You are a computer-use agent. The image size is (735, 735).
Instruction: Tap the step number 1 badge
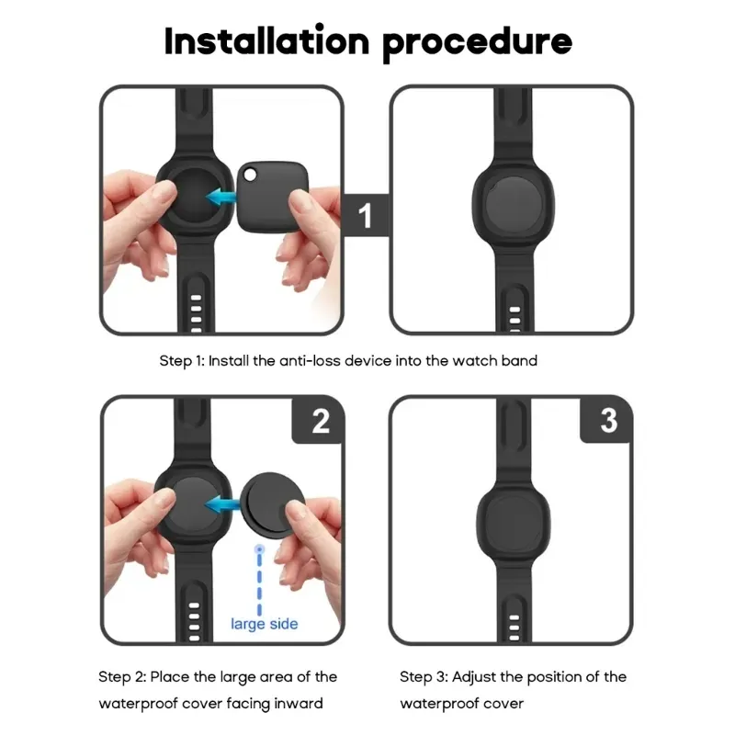[365, 217]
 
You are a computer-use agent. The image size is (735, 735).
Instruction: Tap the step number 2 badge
[320, 421]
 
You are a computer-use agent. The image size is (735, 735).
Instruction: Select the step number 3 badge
[608, 421]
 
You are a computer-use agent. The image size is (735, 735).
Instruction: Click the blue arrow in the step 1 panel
[220, 196]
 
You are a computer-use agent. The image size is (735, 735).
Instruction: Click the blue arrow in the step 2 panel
[220, 503]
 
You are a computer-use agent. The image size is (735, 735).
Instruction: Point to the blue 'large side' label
[264, 624]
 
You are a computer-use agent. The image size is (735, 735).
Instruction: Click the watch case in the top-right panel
[511, 209]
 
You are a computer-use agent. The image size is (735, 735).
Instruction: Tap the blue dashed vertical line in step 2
[261, 579]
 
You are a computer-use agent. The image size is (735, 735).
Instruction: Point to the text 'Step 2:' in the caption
[122, 677]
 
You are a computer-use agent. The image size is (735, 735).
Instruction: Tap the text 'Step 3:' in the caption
[424, 677]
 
